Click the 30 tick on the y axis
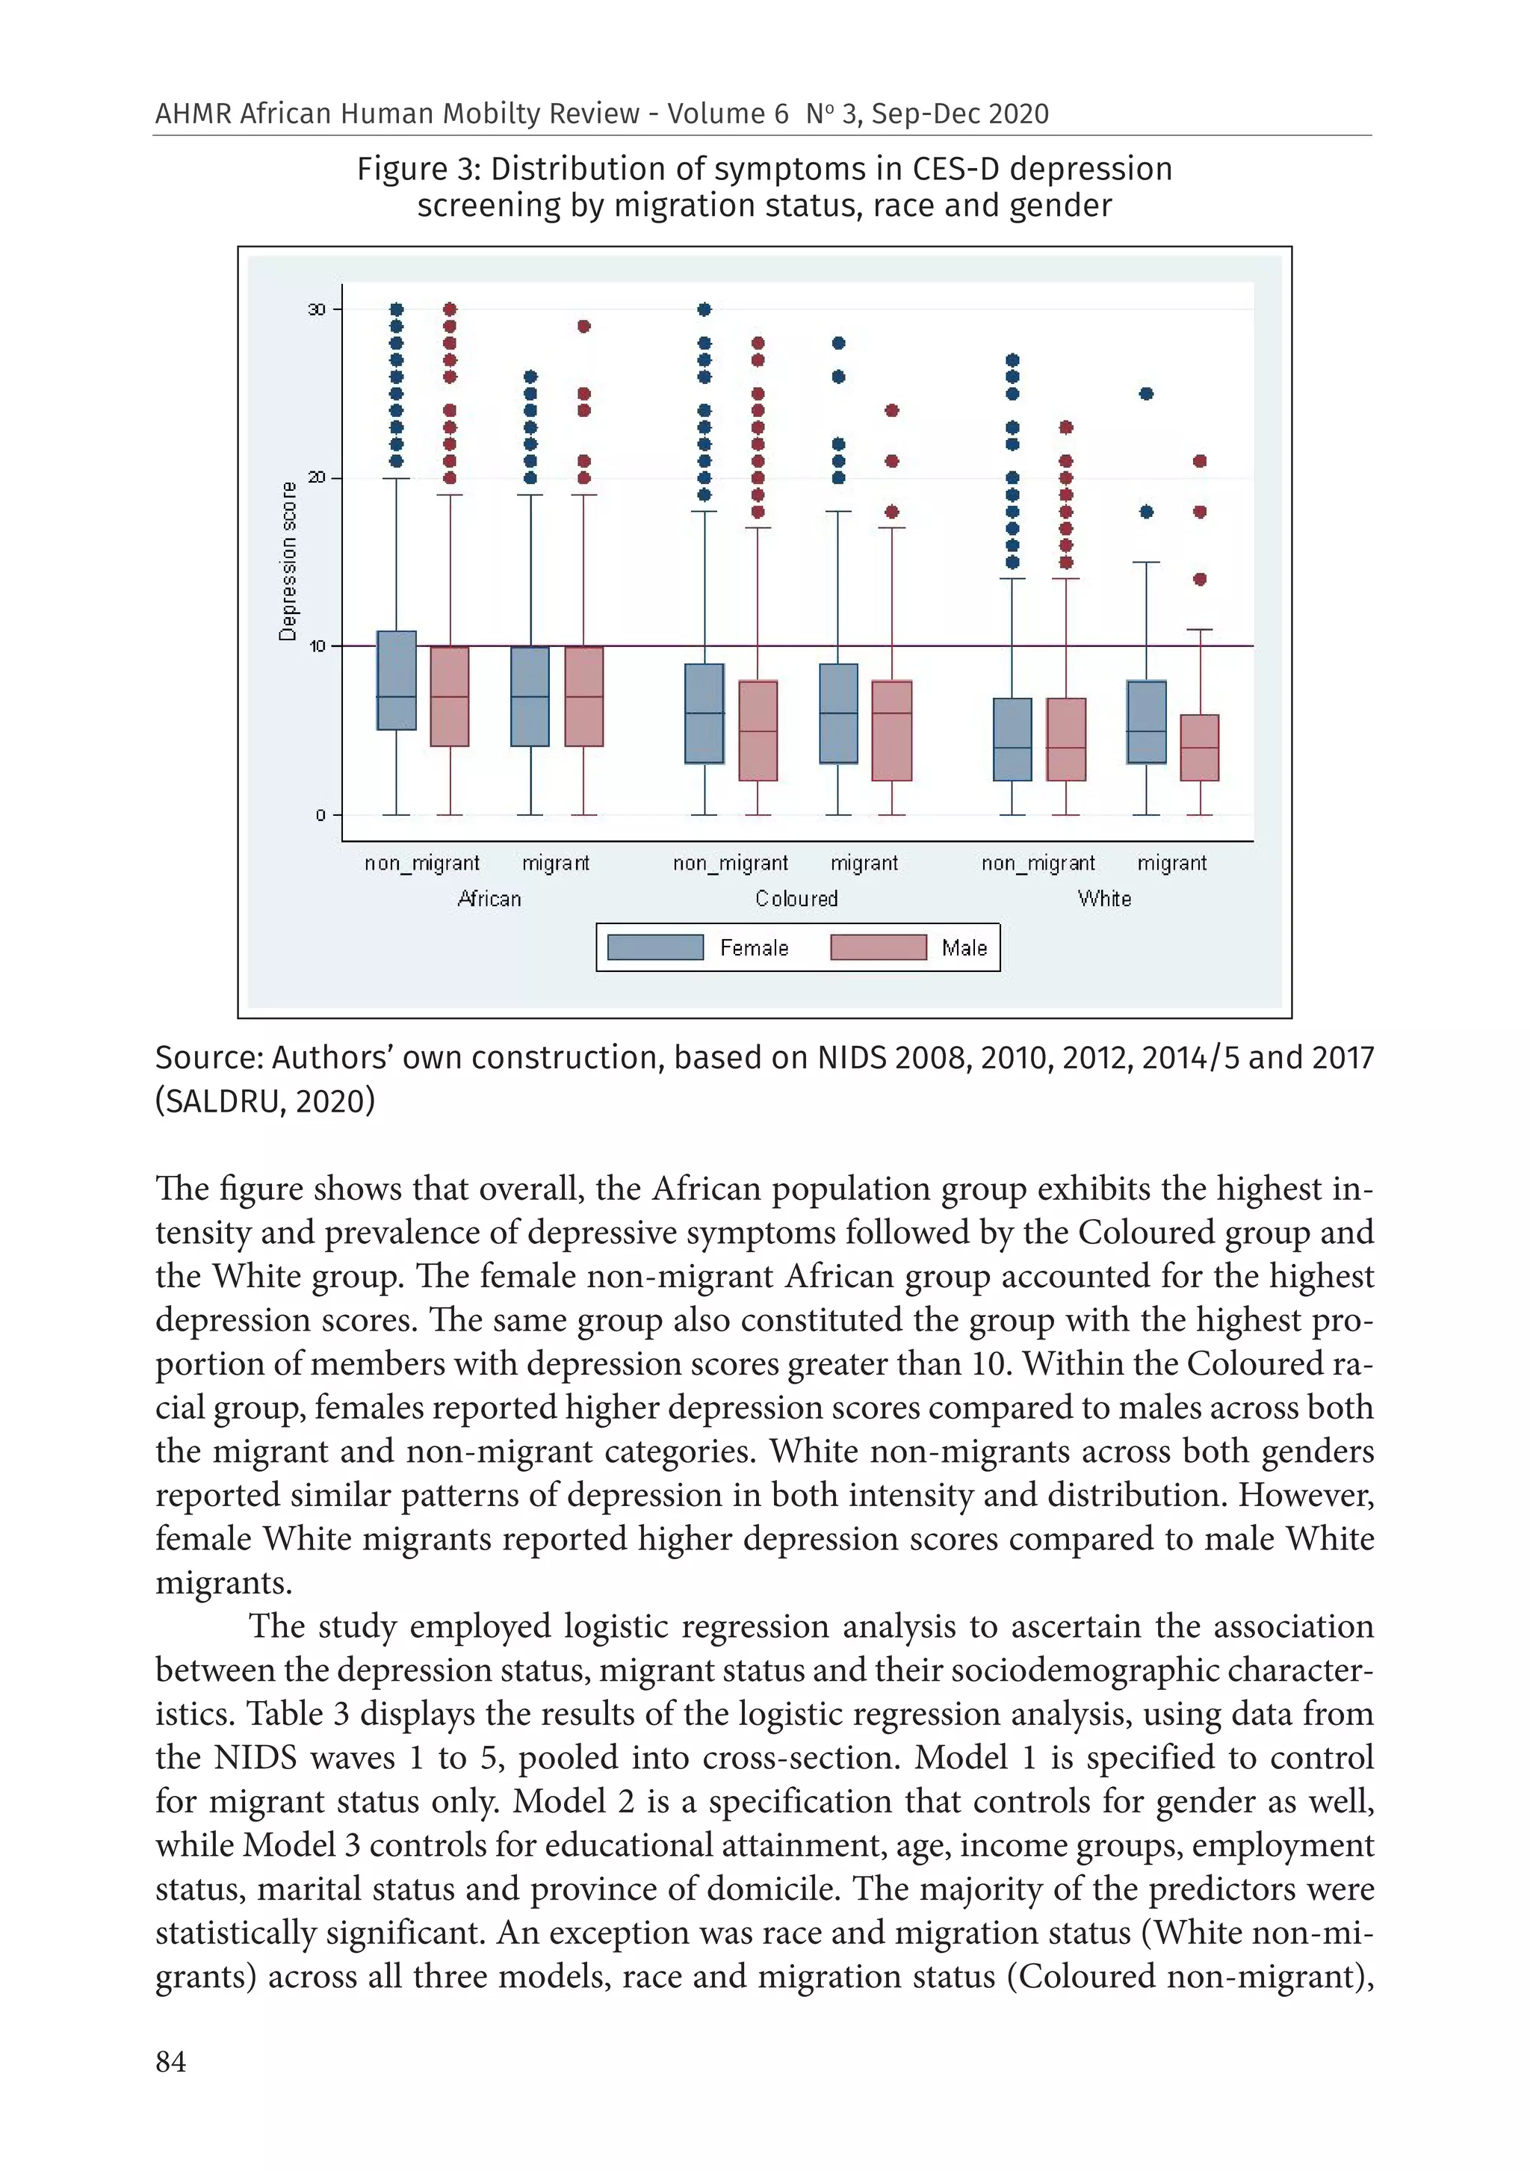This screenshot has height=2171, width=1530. [x=317, y=310]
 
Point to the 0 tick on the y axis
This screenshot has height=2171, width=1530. [x=320, y=815]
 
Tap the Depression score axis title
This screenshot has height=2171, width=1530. [x=288, y=562]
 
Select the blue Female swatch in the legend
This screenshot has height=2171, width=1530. [x=654, y=947]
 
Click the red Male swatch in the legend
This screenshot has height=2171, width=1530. [x=878, y=947]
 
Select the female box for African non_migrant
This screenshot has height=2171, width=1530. [x=396, y=680]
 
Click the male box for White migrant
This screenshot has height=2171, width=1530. [x=1199, y=748]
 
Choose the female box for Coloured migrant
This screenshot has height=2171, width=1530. [x=837, y=714]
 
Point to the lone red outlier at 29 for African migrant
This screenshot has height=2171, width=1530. [x=583, y=326]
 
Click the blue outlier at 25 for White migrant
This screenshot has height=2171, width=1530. [x=1146, y=394]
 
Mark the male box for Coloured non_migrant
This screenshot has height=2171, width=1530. [x=758, y=731]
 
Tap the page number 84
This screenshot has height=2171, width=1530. [x=170, y=2062]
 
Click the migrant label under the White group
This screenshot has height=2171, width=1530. [x=1171, y=864]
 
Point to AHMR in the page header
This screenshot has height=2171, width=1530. [x=193, y=114]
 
